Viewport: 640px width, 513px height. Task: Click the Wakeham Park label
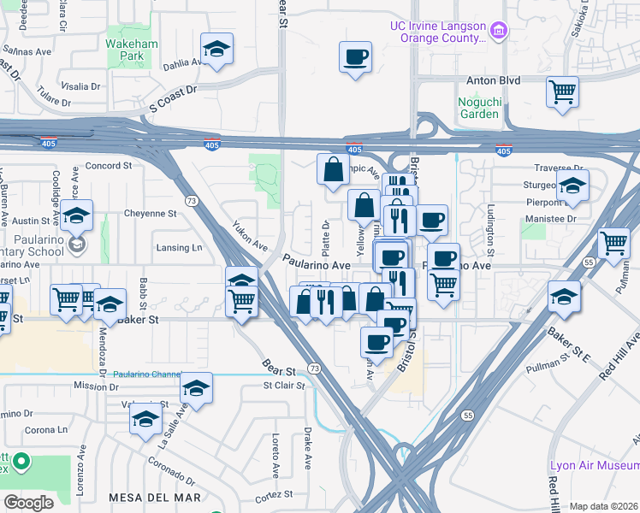coord(127,49)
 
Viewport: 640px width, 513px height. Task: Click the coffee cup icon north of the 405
coord(355,57)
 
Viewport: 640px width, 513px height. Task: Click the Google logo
coord(28,502)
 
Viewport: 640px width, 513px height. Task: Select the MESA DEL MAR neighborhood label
coord(155,497)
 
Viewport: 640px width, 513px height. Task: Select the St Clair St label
coord(284,386)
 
